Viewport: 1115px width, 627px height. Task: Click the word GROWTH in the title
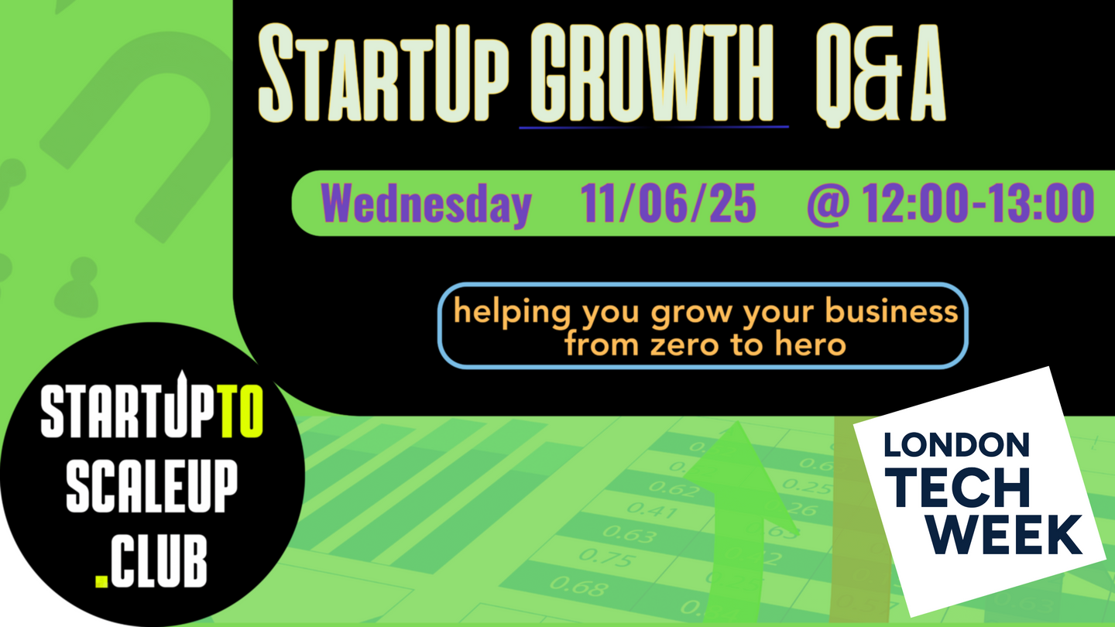[x=652, y=73]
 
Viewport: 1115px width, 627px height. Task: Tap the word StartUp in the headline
[x=383, y=73]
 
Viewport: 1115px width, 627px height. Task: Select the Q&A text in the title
[x=880, y=74]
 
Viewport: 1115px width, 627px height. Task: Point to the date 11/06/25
[x=668, y=203]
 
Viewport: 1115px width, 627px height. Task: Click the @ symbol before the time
[x=828, y=204]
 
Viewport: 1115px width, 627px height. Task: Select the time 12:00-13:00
[x=978, y=203]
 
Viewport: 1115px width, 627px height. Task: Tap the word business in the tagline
[x=891, y=311]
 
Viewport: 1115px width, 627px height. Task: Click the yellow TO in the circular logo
[x=242, y=412]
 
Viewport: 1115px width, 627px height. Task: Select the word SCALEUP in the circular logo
[x=152, y=485]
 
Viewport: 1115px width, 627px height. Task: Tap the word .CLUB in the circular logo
[x=151, y=561]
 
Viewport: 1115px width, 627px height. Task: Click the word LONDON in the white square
[x=956, y=445]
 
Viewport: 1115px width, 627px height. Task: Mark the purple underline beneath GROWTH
[x=654, y=128]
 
